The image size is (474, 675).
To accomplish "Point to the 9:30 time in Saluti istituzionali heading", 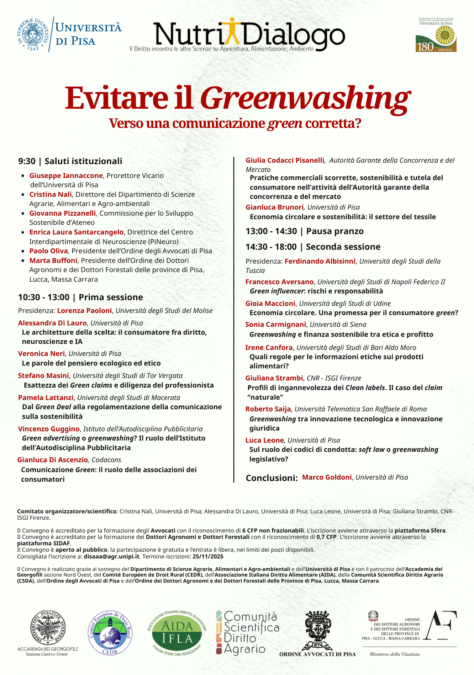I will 27,161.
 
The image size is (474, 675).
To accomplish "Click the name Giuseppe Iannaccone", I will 66,175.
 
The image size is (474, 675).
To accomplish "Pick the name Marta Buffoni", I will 53,260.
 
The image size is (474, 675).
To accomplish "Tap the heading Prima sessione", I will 111,297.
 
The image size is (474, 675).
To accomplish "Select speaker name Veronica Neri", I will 41,353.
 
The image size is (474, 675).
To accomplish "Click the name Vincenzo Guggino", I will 49,429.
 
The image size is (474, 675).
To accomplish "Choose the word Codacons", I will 106,460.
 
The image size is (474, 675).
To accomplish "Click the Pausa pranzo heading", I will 335,231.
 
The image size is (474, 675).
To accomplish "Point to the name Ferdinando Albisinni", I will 320,261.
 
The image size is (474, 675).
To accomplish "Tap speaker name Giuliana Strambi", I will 274,378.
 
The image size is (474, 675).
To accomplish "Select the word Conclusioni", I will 272,478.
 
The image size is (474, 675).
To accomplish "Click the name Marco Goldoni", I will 327,477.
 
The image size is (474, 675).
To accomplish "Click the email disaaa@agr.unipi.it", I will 111,556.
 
